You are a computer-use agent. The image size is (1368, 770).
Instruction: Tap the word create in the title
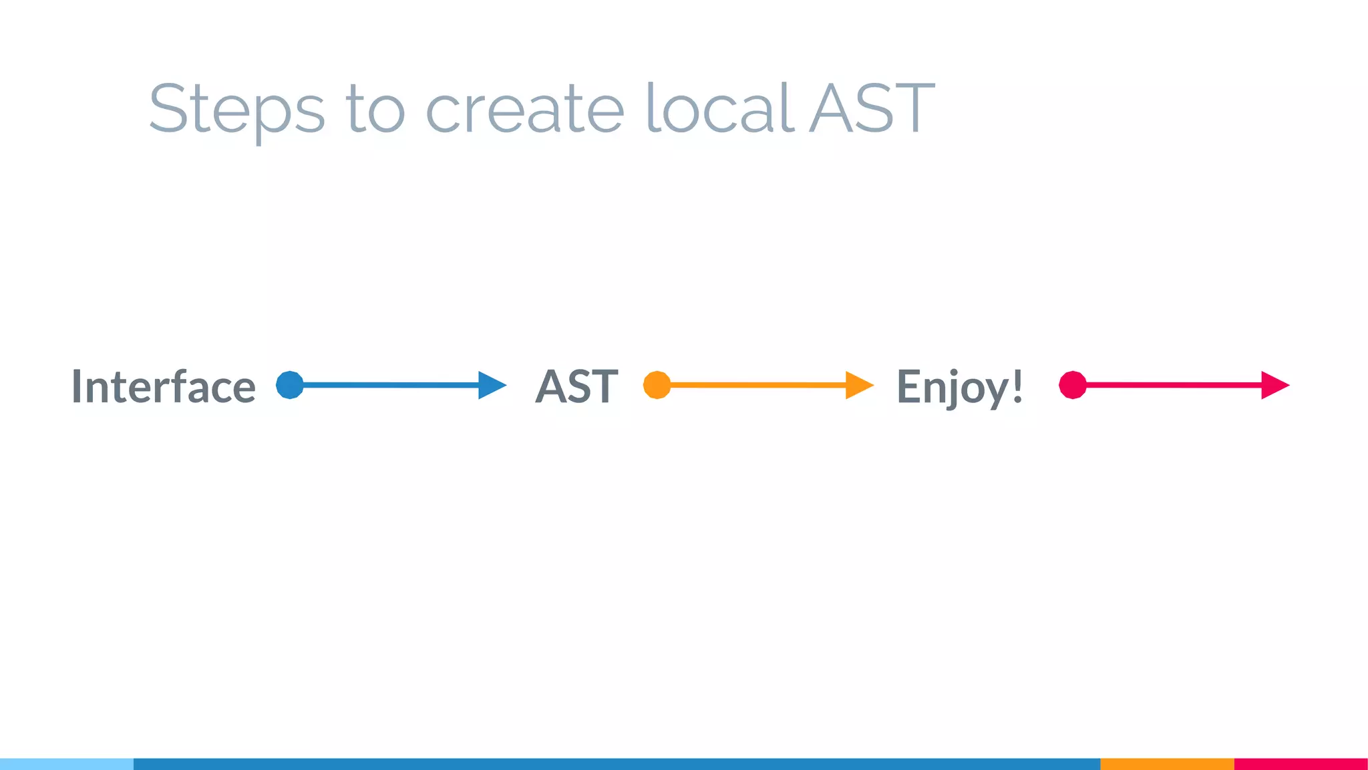pos(524,108)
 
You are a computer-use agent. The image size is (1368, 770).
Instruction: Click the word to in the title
pos(375,108)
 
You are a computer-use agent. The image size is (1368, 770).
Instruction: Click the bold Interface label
pos(164,386)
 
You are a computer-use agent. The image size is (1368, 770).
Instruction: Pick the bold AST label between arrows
pos(577,386)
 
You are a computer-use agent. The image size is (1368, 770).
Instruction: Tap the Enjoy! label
pos(959,386)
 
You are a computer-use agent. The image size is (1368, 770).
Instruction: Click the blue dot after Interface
pos(290,385)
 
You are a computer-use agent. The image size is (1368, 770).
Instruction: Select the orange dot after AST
pos(657,385)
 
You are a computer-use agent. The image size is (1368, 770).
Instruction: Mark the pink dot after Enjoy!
pos(1073,385)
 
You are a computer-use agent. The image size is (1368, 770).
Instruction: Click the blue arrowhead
pos(491,385)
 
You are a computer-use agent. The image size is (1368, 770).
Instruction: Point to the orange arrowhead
pos(858,385)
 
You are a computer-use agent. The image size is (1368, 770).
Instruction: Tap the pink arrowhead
pos(1274,385)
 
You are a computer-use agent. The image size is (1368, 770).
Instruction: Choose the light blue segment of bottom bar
pos(67,764)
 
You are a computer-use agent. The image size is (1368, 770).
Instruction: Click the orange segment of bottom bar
pos(1167,764)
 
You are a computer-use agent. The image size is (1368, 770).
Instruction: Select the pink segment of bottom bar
pos(1301,764)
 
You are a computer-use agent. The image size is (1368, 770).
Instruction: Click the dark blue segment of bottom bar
pos(617,764)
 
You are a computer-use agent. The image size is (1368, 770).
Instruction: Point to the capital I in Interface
pos(77,386)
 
